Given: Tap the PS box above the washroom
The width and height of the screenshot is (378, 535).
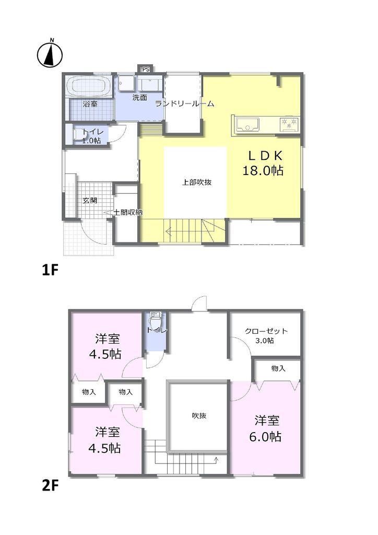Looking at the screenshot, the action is (146, 69).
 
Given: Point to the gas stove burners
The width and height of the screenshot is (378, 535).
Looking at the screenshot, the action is (289, 124).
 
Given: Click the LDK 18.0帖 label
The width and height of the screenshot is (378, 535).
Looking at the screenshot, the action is (263, 163).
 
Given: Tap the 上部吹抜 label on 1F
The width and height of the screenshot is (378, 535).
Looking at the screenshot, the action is (196, 182).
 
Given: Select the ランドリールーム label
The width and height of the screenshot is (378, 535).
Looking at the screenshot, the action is (184, 103).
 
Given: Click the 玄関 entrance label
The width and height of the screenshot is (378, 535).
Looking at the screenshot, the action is (90, 201).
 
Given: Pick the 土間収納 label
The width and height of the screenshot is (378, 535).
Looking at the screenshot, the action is (127, 213).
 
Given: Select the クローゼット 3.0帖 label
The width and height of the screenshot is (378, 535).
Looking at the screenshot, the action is (266, 335).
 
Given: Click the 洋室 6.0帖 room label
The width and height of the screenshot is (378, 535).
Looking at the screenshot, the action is (266, 428).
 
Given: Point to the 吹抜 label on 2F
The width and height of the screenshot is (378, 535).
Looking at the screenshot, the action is (199, 415).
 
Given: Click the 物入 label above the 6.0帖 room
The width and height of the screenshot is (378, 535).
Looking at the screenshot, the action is (278, 368).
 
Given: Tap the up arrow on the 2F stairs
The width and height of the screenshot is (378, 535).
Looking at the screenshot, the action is (216, 460).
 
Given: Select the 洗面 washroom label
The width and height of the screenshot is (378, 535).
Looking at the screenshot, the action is (139, 98).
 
